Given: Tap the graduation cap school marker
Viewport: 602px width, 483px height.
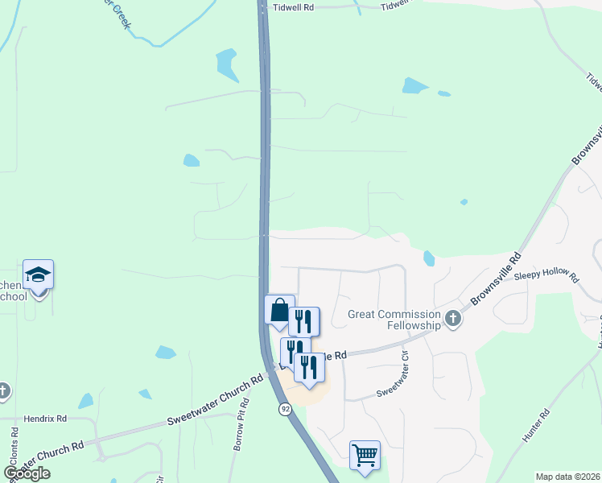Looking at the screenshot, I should point(38,276).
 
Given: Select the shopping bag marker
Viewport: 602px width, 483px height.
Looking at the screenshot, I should point(278,310).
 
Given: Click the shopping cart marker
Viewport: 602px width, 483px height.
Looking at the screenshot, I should point(365,456).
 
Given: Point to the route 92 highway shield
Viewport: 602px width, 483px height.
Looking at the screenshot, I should point(285,409).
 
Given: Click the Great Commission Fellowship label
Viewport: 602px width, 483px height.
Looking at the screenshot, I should point(394,320).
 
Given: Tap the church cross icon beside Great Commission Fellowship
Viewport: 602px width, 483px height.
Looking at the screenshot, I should point(454,319).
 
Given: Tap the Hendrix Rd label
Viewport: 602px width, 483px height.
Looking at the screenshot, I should point(44,419).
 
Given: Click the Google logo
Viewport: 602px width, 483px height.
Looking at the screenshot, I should point(27,473).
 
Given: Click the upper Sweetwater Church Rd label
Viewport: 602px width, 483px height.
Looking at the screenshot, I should point(215,400).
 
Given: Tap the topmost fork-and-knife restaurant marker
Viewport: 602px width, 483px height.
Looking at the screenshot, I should point(303,321).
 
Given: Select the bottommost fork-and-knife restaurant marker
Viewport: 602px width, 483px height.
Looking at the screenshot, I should point(309,367).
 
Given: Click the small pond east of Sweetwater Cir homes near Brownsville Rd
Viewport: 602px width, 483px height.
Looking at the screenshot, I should point(428,258).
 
